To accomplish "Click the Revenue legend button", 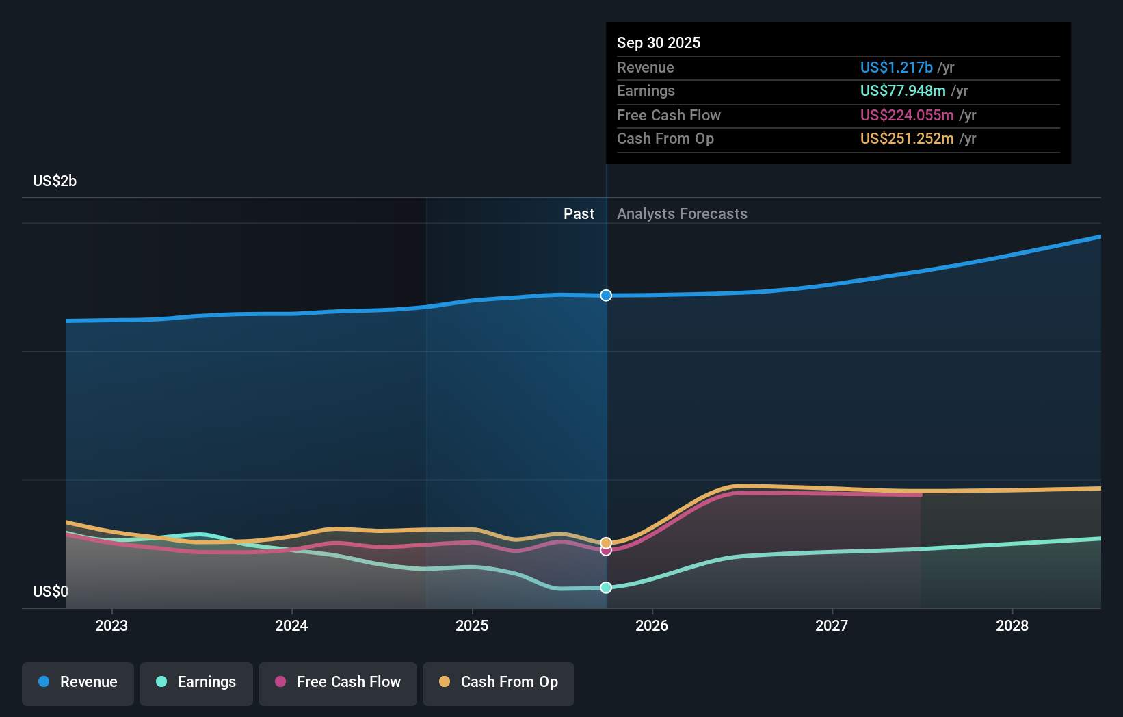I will coord(78,683).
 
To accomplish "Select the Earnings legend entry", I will coord(196,683).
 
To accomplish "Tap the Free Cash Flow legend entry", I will coord(338,683).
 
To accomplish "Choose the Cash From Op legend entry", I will coord(499,683).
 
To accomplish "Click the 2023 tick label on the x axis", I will coord(111,626).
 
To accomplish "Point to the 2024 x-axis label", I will coord(291,626).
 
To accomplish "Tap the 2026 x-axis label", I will coord(652,626).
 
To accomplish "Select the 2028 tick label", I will coord(1012,626).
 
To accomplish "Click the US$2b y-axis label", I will coord(55,181).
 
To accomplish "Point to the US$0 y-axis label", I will coord(51,592).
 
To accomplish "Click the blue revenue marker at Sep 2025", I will coord(606,296).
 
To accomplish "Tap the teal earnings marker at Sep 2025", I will coord(606,588).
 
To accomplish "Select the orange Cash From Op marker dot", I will coord(606,543).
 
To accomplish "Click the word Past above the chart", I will coord(579,214).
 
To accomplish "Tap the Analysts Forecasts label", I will coord(682,214).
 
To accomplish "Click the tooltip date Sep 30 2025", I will coord(659,43).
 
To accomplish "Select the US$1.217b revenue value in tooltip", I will coord(896,68).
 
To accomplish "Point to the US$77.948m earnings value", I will coord(903,91).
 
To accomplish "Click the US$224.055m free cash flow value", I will coord(907,116).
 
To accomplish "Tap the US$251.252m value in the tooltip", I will coord(907,139).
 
